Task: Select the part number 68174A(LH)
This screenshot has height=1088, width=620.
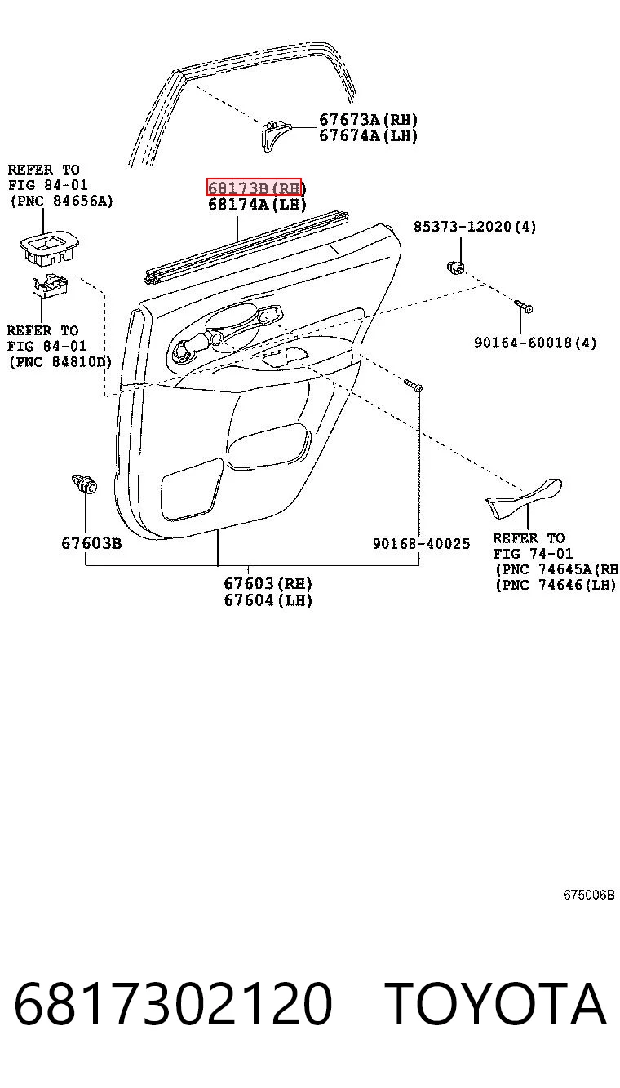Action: (257, 205)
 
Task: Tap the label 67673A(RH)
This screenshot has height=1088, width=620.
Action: (368, 120)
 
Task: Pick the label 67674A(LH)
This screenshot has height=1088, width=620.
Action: (368, 135)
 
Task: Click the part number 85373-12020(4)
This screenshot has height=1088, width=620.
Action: (475, 227)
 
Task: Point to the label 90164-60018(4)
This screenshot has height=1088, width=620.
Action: (535, 343)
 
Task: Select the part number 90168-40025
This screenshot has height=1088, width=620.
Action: (421, 543)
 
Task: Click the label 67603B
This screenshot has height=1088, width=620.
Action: (91, 543)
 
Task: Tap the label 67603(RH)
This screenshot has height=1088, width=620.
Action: (268, 583)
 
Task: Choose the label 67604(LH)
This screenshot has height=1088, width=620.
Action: (268, 600)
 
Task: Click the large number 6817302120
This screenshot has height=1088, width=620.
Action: (173, 1003)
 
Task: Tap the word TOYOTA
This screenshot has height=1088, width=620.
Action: (496, 1003)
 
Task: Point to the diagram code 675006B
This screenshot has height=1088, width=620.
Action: (589, 895)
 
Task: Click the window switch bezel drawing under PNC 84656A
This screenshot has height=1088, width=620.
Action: (49, 248)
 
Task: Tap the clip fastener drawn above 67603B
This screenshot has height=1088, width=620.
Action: (84, 484)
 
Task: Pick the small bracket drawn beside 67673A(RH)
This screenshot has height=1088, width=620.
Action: (273, 135)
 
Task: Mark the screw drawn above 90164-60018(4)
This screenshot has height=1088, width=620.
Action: (523, 306)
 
